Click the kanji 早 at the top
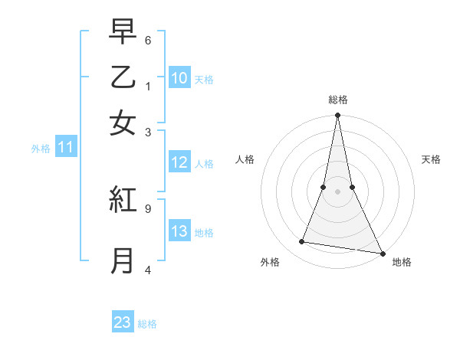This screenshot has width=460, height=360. click(123, 33)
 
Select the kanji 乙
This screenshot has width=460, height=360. click(123, 78)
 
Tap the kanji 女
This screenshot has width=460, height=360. click(123, 123)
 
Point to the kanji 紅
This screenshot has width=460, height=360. click(123, 201)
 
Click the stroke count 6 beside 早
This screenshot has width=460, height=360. click(148, 39)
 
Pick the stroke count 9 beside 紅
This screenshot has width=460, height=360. click(148, 207)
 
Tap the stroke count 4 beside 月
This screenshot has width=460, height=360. click(148, 269)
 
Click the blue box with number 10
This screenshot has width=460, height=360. click(179, 77)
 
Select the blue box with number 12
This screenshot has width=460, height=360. click(179, 162)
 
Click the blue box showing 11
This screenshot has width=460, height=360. click(65, 148)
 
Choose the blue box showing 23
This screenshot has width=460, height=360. click(123, 322)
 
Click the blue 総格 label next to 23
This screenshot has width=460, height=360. click(147, 324)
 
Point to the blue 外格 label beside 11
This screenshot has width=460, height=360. click(41, 149)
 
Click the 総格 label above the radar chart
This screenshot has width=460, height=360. click(338, 100)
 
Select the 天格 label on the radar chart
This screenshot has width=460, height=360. click(432, 159)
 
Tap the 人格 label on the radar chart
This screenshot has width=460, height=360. click(245, 159)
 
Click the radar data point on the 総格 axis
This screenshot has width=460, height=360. click(337, 116)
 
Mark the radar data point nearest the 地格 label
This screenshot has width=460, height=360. click(382, 253)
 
